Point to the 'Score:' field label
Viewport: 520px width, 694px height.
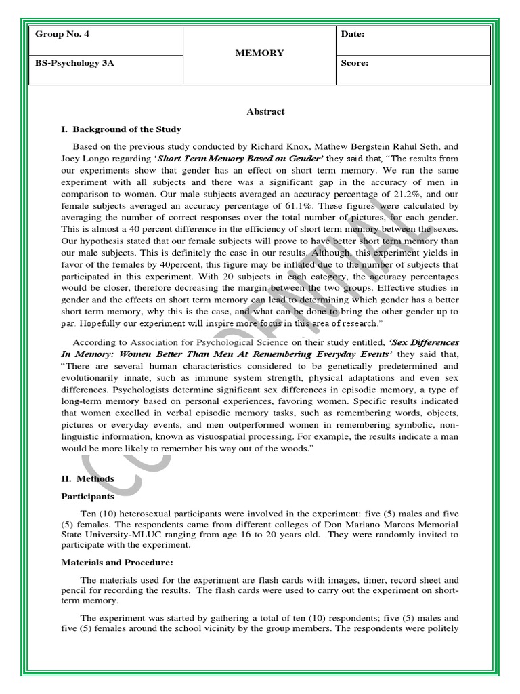(355, 64)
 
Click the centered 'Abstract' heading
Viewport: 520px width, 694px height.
(265, 112)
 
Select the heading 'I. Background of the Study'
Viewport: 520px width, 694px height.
(121, 129)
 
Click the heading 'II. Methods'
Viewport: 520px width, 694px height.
(87, 478)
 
